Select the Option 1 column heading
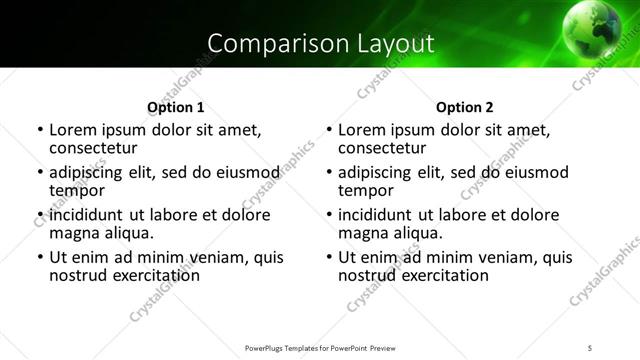pyautogui.click(x=175, y=107)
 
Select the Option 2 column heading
pyautogui.click(x=465, y=107)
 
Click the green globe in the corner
pyautogui.click(x=599, y=26)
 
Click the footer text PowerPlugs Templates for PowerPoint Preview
pyautogui.click(x=320, y=347)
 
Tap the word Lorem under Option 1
pyautogui.click(x=71, y=130)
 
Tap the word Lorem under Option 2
pyautogui.click(x=361, y=130)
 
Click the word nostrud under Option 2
pyautogui.click(x=368, y=275)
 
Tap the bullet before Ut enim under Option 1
pyautogui.click(x=39, y=258)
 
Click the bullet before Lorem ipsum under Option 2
pyautogui.click(x=329, y=131)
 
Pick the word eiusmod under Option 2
pyautogui.click(x=537, y=172)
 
